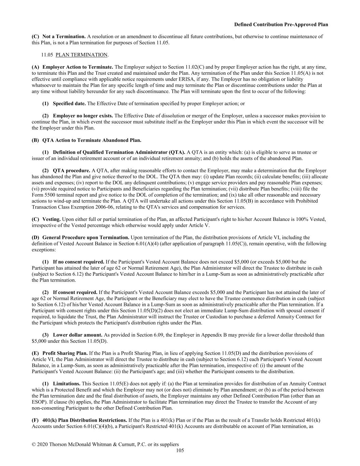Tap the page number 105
point(180,451)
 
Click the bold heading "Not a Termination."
point(64,37)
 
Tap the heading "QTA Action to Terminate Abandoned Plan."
point(91,140)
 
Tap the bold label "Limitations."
point(67,384)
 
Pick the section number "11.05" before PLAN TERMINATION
point(47,55)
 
